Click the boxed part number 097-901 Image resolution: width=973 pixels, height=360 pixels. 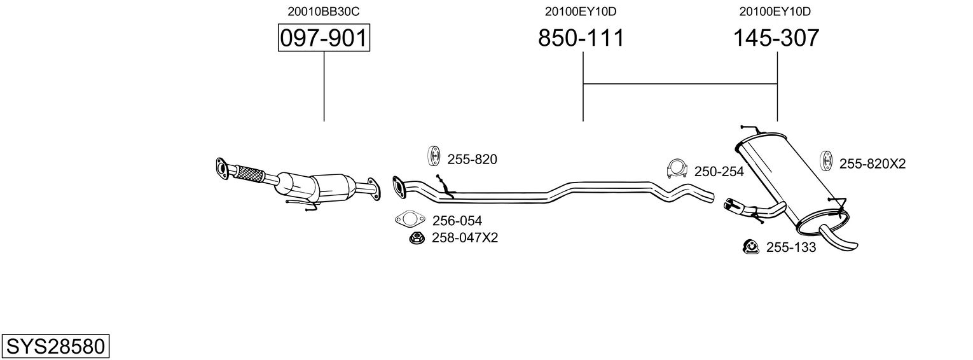click(x=324, y=39)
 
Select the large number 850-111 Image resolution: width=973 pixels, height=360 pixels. click(x=581, y=39)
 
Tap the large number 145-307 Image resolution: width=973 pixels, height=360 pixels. click(x=776, y=39)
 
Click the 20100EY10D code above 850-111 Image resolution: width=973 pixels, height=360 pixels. click(x=581, y=11)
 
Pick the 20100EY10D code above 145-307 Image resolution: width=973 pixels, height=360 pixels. click(x=775, y=11)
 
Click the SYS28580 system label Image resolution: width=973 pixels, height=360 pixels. click(x=55, y=347)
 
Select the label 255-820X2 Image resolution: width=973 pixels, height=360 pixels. click(x=872, y=164)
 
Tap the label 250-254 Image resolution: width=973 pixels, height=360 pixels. click(x=719, y=172)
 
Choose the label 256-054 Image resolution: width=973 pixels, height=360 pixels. click(x=457, y=221)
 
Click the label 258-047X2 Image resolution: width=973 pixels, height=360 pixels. click(x=465, y=238)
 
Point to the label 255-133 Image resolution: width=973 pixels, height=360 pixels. click(x=790, y=247)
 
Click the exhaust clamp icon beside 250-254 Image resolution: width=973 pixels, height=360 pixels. click(x=677, y=169)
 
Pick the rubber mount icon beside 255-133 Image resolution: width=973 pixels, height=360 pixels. click(x=750, y=246)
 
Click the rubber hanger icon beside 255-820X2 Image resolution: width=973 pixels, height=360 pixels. click(x=827, y=162)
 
